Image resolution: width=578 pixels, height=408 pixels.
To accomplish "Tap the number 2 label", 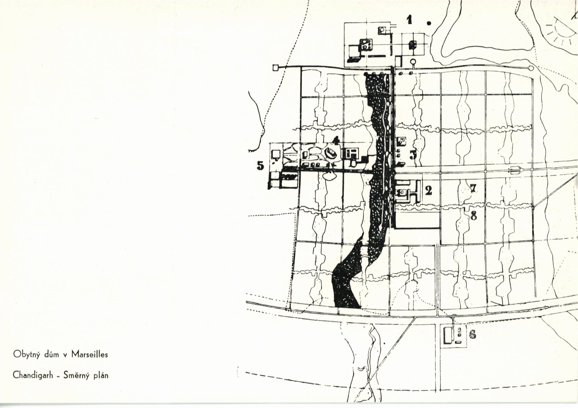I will click(428, 190).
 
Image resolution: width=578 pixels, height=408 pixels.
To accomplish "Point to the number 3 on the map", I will click(413, 154).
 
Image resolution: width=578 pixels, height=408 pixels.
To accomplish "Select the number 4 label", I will click(336, 141).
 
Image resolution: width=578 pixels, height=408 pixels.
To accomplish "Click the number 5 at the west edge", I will click(260, 166).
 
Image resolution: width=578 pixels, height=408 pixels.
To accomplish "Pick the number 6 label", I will click(472, 335).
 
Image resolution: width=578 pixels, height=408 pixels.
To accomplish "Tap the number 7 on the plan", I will click(473, 188).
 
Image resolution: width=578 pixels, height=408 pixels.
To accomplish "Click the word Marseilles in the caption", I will click(90, 354).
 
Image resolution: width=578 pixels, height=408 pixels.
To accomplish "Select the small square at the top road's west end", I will click(275, 67).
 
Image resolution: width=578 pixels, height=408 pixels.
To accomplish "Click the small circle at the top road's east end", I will click(531, 68).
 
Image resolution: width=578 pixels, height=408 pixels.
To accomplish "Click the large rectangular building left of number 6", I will click(447, 335).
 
